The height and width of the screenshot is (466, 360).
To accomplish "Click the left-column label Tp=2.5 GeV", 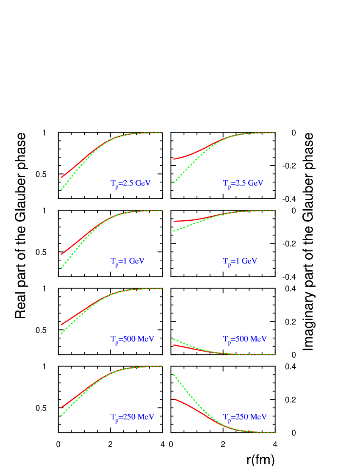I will point(130,183).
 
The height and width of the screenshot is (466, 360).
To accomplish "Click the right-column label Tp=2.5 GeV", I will point(243,183).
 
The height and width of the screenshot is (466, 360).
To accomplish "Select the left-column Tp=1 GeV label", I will point(127,261).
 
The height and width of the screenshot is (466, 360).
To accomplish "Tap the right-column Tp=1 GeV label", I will point(240,261).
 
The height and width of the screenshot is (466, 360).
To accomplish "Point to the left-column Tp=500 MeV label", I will point(132,339).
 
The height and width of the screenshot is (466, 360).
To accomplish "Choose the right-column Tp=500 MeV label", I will point(245,339).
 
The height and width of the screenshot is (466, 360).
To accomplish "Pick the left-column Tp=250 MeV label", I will point(132,417).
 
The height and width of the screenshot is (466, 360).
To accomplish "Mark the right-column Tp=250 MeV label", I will point(245,417).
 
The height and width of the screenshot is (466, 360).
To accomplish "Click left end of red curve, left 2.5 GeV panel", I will point(61,178).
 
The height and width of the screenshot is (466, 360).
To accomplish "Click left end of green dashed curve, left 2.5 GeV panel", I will point(61,190).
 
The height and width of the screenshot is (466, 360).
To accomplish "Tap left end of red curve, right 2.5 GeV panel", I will point(174,159).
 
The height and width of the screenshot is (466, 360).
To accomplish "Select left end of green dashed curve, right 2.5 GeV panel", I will point(174,183).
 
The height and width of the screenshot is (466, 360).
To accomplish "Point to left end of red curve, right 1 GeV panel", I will point(174,221).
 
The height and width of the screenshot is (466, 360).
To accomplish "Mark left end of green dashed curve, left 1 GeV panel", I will point(61,269).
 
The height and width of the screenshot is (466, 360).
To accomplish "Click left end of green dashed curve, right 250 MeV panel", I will point(174,375).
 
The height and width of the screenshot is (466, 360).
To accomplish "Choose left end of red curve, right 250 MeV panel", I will point(174,399).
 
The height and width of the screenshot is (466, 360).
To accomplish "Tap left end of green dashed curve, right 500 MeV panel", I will point(174,339).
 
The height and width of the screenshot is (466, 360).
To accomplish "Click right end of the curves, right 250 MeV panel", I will point(275,432).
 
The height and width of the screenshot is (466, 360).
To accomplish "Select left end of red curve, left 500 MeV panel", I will point(61,325).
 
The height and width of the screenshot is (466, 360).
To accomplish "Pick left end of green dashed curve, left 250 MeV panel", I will point(61,416).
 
